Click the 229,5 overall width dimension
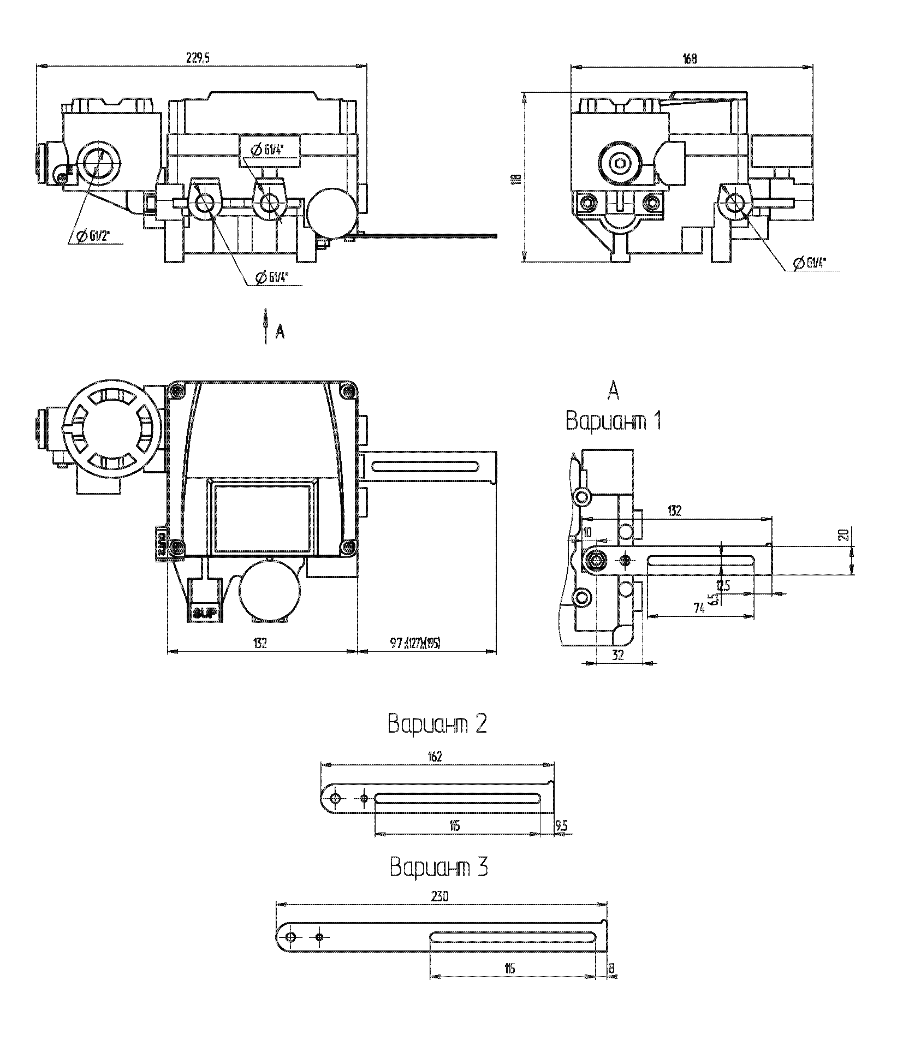tap(198, 60)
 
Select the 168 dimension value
tap(690, 60)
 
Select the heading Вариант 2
tap(437, 724)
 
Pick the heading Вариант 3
tap(438, 867)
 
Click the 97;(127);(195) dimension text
tap(415, 643)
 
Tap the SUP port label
tap(205, 613)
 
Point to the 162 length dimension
tap(435, 756)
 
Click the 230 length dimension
tap(439, 896)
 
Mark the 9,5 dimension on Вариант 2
tap(561, 827)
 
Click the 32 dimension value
tap(617, 655)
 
